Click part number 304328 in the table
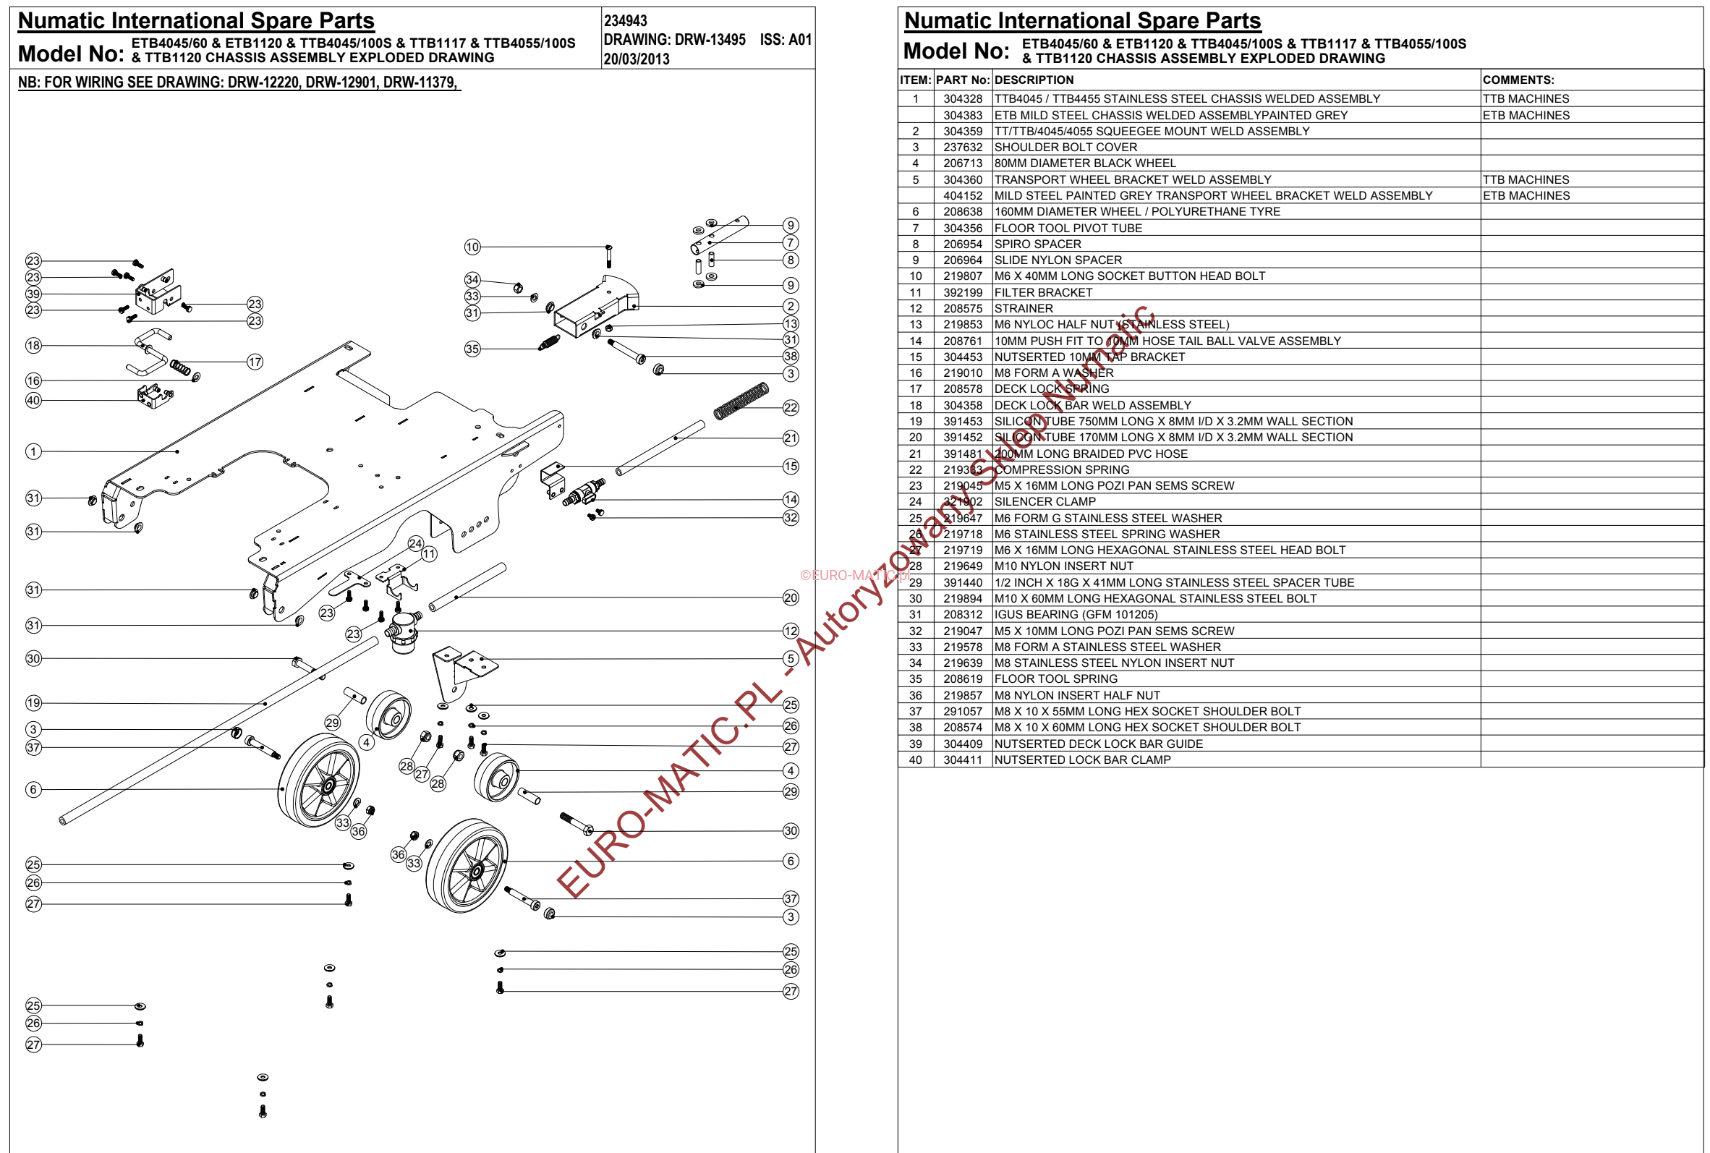[x=962, y=98]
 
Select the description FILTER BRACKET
[x=1042, y=293]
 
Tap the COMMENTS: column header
[x=1518, y=80]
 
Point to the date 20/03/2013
[x=636, y=59]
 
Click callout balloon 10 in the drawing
[x=472, y=247]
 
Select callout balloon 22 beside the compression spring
[x=791, y=407]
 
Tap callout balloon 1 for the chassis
[x=33, y=451]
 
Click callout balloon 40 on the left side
[x=33, y=400]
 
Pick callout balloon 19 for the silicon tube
[x=33, y=703]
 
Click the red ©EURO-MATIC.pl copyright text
[x=854, y=575]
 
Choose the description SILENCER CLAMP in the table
[x=1044, y=501]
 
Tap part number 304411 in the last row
[x=962, y=760]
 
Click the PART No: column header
[x=962, y=80]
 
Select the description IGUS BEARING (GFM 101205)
[x=1076, y=615]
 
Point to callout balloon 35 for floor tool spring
[x=472, y=349]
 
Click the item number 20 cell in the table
[x=915, y=438]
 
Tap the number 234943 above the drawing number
[x=625, y=21]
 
